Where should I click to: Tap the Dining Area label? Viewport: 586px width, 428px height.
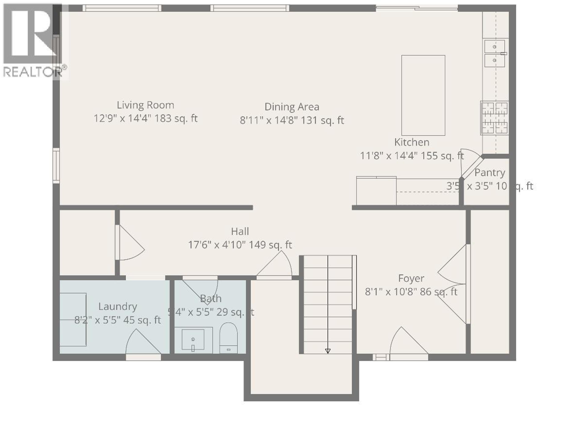coord(292,107)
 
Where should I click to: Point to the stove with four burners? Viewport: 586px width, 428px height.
coord(494,118)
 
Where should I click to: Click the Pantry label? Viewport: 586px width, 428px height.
coord(489,173)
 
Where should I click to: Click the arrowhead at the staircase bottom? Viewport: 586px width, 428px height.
coord(328,351)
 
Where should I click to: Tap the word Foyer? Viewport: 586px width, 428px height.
coord(411,278)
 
